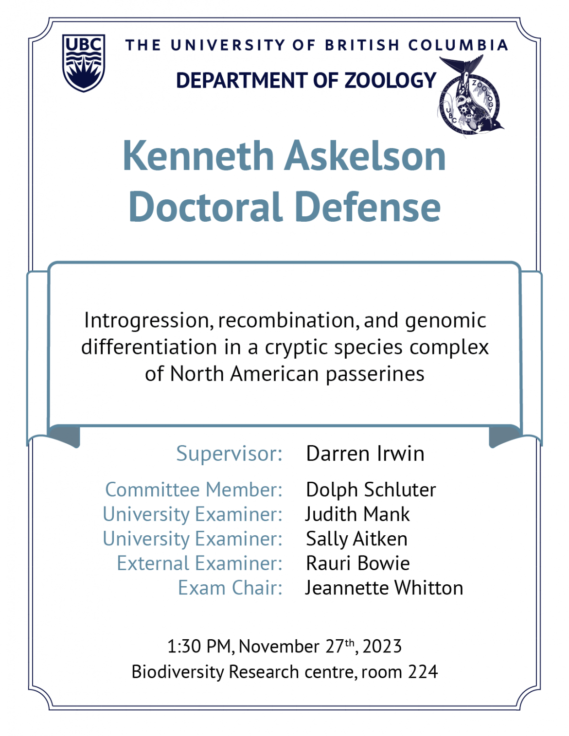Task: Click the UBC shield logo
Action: click(x=84, y=63)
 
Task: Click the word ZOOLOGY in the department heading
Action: click(x=390, y=80)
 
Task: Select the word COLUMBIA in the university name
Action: click(x=458, y=45)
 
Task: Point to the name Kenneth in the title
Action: click(x=198, y=156)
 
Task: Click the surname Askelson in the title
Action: click(x=365, y=156)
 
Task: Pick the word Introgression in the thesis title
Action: click(x=149, y=321)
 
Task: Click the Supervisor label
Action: click(x=229, y=454)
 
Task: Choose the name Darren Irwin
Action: click(x=365, y=454)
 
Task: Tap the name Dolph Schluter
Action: click(x=371, y=490)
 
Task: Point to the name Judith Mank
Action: click(x=357, y=514)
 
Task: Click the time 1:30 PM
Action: click(x=199, y=646)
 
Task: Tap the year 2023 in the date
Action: click(x=382, y=646)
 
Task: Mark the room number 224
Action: click(x=423, y=672)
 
